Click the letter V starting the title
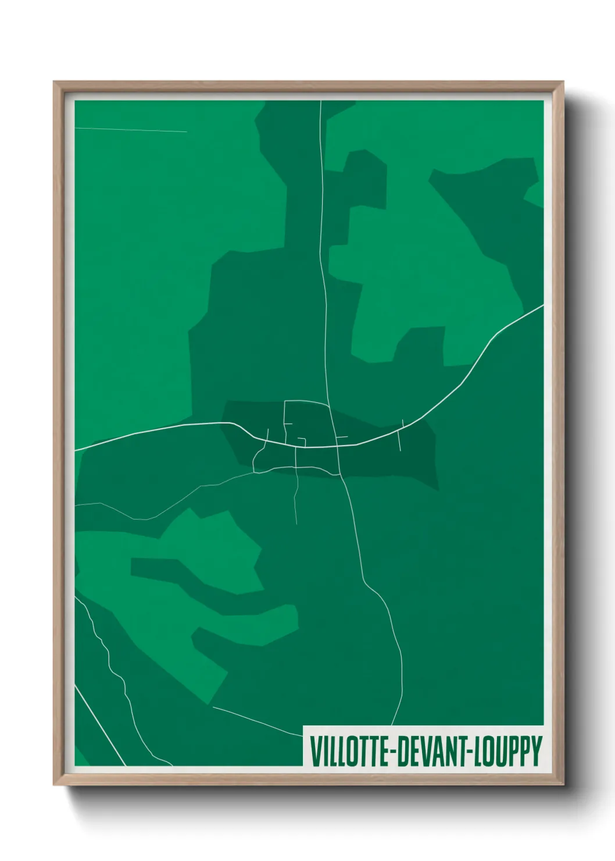tap(314, 751)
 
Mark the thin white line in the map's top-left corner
tap(131, 130)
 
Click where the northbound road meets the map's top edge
tap(321, 102)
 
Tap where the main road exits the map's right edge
tap(542, 305)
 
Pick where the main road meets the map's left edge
tap(76, 450)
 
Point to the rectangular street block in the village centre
tap(308, 423)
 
